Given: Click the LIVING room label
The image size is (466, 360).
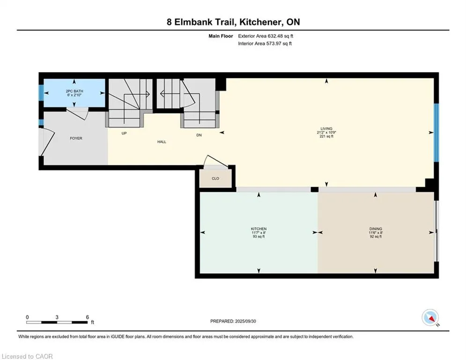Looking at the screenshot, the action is pos(326,128).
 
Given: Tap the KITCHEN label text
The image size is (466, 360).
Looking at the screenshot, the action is pos(259,229).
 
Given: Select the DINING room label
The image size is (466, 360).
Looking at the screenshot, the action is pos(376,229).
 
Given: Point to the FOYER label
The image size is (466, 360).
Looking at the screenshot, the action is pos(76,138).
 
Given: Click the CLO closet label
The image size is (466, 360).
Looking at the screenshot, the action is pos(215,179).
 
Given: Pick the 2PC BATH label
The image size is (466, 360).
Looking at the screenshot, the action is pos(74,91).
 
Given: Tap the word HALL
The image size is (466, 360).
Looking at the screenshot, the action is pos(162,142).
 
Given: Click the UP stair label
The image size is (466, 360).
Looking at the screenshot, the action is pos(124,133).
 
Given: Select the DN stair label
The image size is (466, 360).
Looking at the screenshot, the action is pos(199,135).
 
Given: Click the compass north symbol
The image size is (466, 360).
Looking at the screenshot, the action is pos(430,317).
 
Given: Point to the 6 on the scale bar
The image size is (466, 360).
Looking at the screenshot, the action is pos(88,317).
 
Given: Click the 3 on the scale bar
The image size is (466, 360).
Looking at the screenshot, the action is pos(57,317).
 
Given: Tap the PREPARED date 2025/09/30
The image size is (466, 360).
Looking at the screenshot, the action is pos(245,321).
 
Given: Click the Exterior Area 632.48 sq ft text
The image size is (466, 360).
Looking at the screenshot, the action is pos(266,36).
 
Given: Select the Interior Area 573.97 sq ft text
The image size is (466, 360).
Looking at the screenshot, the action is pos(265,44).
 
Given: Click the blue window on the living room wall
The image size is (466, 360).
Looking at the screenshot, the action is pos(436,133).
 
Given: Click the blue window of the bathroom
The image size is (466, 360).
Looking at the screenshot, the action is pos(41,92).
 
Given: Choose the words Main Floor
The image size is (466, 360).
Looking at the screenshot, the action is pos(221,36).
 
